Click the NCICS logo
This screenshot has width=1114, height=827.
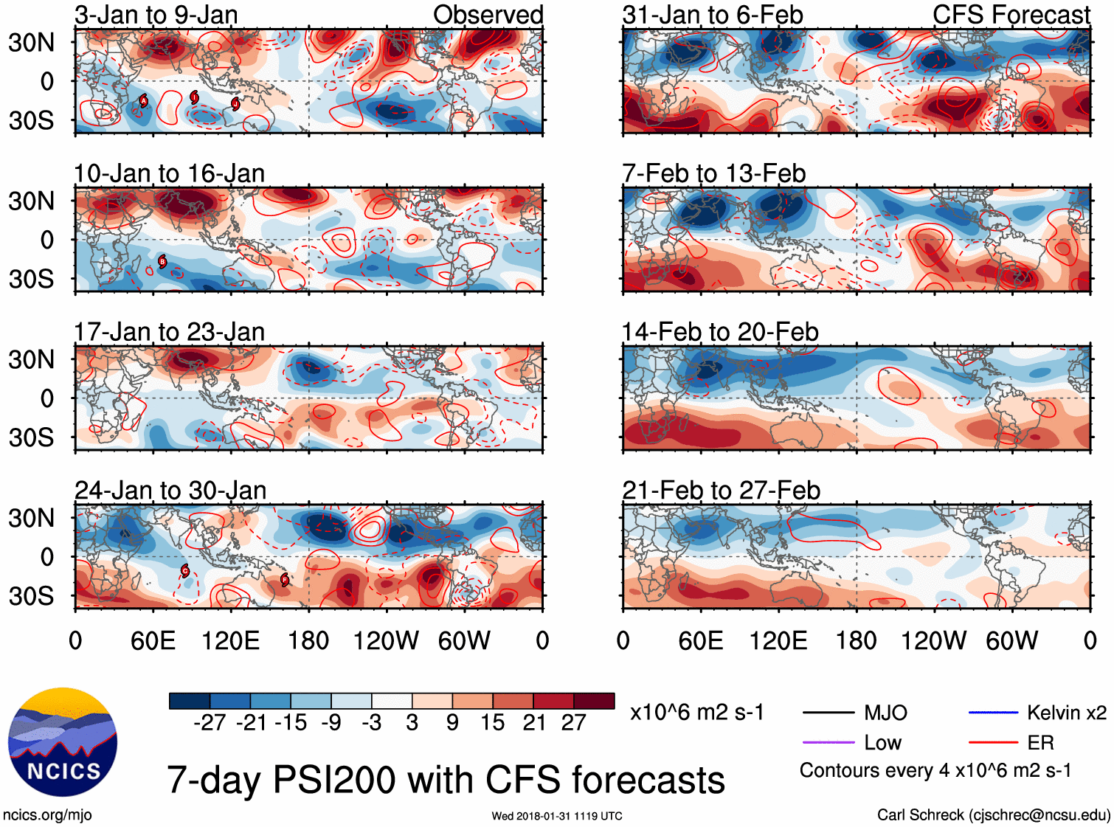pyautogui.click(x=63, y=742)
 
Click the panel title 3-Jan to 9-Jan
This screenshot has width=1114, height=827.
pyautogui.click(x=156, y=15)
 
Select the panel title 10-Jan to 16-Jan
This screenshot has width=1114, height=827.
pyautogui.click(x=169, y=173)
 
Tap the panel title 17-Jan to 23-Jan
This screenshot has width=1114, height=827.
pyautogui.click(x=169, y=332)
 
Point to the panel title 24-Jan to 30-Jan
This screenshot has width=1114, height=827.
pyautogui.click(x=170, y=491)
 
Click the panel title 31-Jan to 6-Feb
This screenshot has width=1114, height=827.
pyautogui.click(x=713, y=15)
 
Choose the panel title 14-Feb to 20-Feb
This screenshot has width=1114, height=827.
pyautogui.click(x=720, y=332)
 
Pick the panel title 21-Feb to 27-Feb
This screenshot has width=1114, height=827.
pyautogui.click(x=721, y=491)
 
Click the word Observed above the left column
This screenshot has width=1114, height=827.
pyautogui.click(x=488, y=15)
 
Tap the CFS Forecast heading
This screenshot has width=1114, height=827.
pyautogui.click(x=1011, y=15)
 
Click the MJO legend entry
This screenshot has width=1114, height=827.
pyautogui.click(x=885, y=713)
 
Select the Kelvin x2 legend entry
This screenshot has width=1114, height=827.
pyautogui.click(x=1066, y=713)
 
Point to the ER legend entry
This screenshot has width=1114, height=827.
pyautogui.click(x=1040, y=742)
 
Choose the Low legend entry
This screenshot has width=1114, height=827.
pyautogui.click(x=882, y=742)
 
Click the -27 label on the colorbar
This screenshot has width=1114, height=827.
pyautogui.click(x=210, y=723)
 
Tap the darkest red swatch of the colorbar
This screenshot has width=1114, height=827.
pyautogui.click(x=594, y=701)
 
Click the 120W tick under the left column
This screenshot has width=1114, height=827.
pyautogui.click(x=386, y=640)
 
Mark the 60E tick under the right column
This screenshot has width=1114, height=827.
pyautogui.click(x=701, y=640)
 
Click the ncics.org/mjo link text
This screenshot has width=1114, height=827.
pyautogui.click(x=47, y=814)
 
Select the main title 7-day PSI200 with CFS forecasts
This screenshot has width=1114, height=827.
pyautogui.click(x=446, y=780)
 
